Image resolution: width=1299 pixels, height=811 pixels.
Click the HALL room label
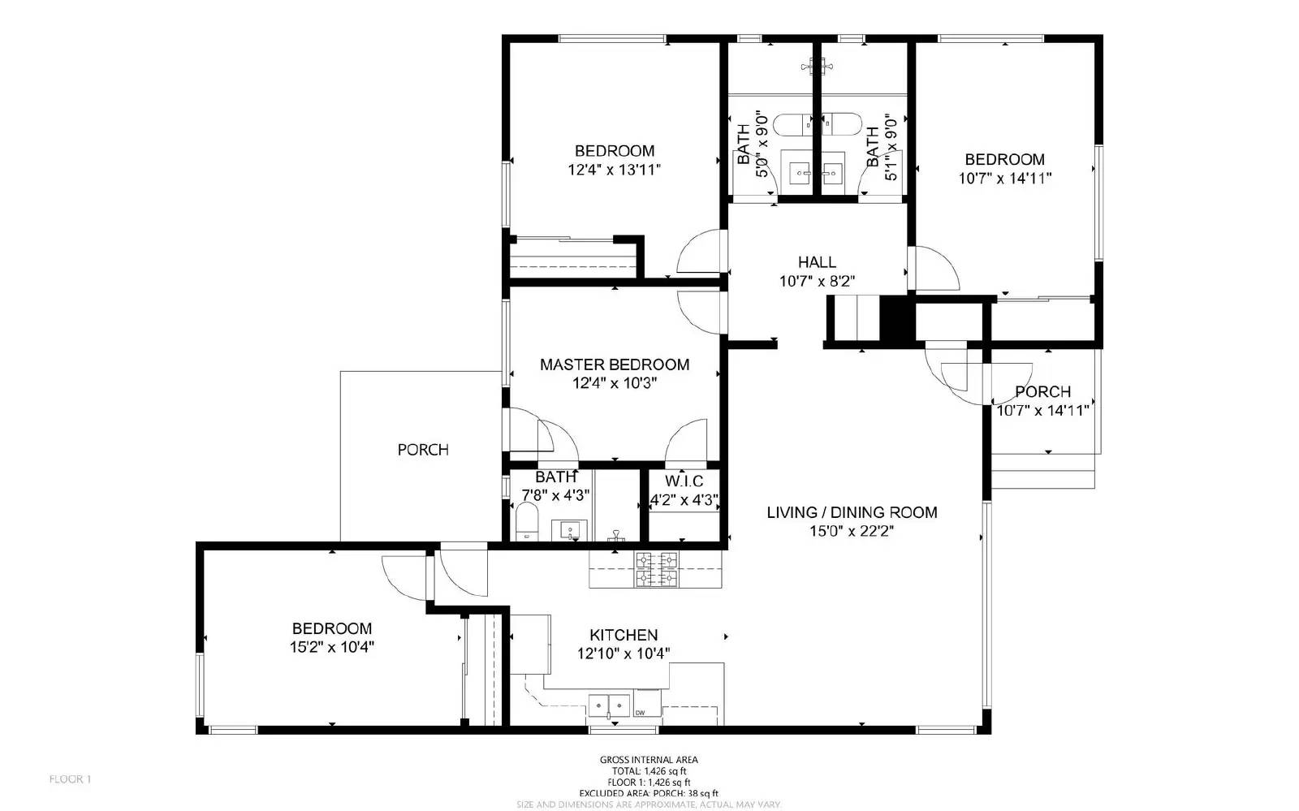[x=817, y=262]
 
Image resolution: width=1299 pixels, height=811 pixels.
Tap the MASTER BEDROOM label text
[x=615, y=365]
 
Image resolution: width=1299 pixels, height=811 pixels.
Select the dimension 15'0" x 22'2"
[x=851, y=532]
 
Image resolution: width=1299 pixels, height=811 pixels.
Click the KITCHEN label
[x=624, y=635]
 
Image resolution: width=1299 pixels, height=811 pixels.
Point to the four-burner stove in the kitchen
[x=656, y=568]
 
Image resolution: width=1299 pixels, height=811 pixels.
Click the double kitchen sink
[x=610, y=703]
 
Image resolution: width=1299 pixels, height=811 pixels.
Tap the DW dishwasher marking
[x=640, y=713]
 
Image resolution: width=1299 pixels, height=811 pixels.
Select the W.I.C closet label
[x=684, y=481]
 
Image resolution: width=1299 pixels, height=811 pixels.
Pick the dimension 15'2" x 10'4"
[x=331, y=648]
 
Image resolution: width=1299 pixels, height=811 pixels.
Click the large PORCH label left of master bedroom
[x=423, y=450]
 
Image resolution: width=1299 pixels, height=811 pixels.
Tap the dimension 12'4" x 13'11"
[x=615, y=170]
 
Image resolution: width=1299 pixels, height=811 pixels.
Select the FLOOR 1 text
[x=71, y=779]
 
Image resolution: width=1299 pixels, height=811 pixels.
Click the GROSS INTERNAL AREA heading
[x=648, y=760]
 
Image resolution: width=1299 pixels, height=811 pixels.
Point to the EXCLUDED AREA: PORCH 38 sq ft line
[x=648, y=793]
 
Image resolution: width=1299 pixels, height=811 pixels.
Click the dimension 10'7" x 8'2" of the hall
[x=817, y=282]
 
